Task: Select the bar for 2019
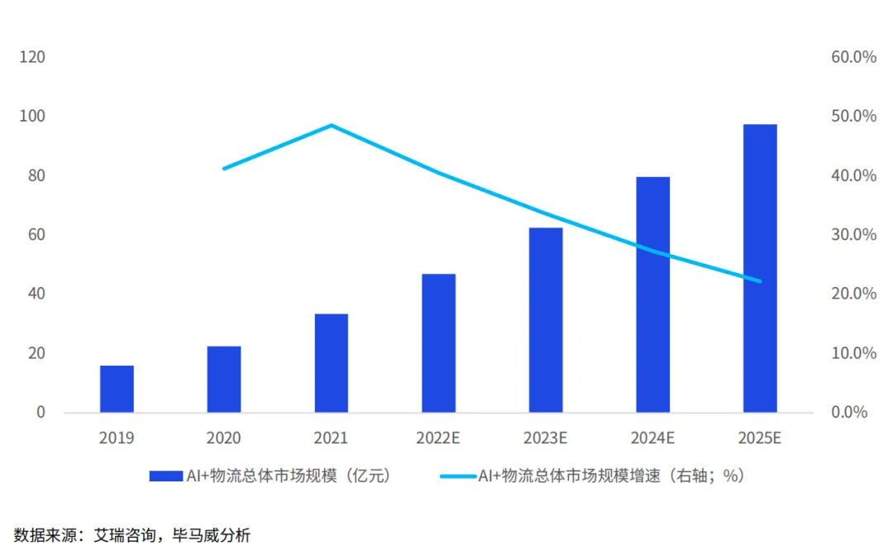point(117,389)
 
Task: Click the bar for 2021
point(331,363)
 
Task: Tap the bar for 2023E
point(546,319)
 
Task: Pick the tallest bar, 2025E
point(760,268)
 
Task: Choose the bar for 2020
point(224,379)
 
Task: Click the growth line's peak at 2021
point(331,125)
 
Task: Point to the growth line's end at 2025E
point(760,281)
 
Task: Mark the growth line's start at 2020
point(224,169)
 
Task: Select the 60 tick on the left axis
point(36,235)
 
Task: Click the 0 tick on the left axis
point(41,412)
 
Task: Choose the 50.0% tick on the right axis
point(852,117)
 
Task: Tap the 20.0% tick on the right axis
point(852,294)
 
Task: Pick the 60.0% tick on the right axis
point(852,57)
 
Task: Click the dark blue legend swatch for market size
point(165,476)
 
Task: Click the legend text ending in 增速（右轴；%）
point(612,476)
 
